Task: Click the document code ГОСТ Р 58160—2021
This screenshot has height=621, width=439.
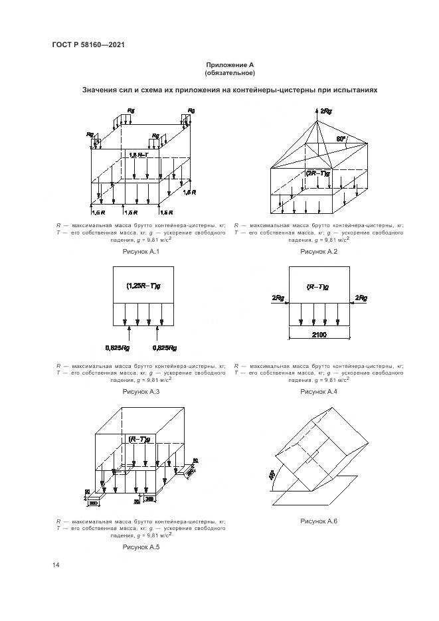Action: point(88,44)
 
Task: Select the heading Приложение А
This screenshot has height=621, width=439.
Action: point(230,64)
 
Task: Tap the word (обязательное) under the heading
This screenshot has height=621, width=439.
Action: point(230,72)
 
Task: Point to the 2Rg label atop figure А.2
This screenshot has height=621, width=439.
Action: point(325,111)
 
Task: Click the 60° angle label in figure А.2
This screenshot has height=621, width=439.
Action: point(341,139)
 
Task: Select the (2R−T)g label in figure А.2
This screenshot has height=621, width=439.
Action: point(317,173)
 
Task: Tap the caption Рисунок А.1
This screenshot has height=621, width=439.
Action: point(141,252)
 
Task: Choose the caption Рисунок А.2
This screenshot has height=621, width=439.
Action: point(319,252)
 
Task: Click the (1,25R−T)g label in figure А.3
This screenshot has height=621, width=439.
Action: point(141,286)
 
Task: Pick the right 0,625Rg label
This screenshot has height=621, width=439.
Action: point(164,347)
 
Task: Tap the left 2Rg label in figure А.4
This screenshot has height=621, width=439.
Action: point(278,298)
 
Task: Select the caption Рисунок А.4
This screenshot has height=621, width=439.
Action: point(319,393)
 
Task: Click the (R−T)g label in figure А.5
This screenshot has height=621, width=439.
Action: point(139,440)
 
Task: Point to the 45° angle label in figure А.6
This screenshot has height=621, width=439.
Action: point(272,476)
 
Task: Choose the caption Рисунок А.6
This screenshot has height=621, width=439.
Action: point(319,521)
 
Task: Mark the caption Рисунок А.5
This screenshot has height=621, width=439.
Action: point(141,547)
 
